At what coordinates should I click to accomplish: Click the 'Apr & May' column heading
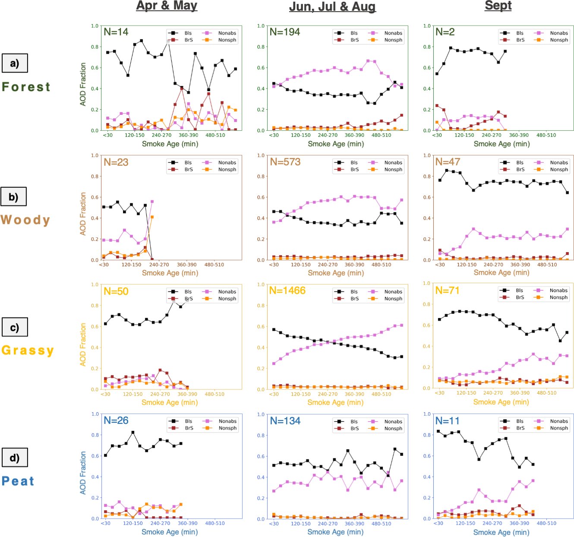coord(167,6)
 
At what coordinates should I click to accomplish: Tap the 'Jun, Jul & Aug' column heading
coord(332,7)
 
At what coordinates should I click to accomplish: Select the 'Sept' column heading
coord(498,6)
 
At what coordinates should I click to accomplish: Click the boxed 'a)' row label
coord(15,63)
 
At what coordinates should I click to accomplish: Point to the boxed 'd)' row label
coord(15,458)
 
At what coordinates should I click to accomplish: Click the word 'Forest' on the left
coord(26,87)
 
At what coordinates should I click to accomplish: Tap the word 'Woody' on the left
coord(25,220)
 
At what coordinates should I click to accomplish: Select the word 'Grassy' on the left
coord(28,350)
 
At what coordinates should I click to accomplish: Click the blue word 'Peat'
coord(18,481)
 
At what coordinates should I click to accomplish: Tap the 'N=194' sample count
coord(284,32)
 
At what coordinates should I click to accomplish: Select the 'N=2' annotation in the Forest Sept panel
coord(445,32)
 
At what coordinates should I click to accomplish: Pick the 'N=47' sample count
coord(448,162)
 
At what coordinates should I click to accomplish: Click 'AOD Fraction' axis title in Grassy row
coord(83,344)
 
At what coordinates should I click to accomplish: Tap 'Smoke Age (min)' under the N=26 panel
coord(170,532)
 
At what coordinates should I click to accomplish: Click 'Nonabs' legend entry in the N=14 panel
coord(227,33)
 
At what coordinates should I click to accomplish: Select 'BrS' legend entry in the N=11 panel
coord(520,428)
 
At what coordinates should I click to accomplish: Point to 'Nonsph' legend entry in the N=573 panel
coord(393,170)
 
